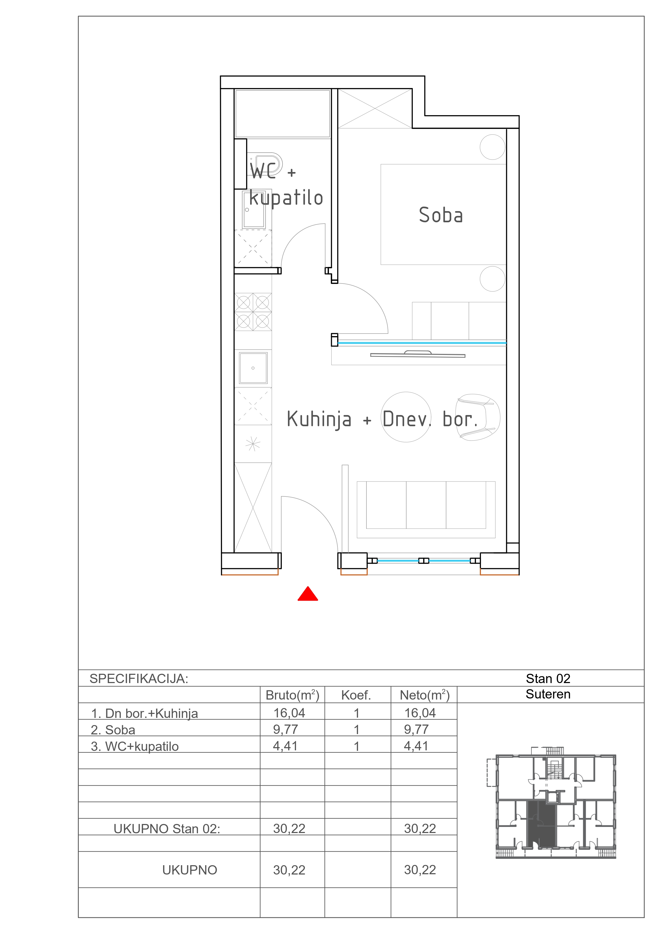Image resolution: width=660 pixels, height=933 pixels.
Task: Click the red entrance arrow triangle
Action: click(308, 594)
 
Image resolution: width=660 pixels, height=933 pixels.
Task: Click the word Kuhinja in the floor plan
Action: click(319, 419)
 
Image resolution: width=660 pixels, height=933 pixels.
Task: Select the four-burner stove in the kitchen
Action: click(253, 312)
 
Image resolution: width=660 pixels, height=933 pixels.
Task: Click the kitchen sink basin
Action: click(253, 368)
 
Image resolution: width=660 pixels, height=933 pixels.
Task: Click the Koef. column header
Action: click(356, 696)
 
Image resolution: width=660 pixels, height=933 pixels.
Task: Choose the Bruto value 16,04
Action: click(289, 713)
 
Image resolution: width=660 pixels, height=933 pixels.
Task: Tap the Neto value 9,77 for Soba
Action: click(416, 729)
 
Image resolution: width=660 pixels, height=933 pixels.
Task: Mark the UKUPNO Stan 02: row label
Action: click(167, 829)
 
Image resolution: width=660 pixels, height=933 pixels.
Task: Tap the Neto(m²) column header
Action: click(424, 695)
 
